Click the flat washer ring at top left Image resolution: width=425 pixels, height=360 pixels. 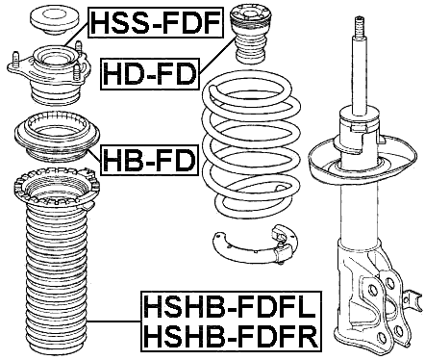(x=46, y=18)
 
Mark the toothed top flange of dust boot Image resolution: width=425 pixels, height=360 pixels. (x=58, y=193)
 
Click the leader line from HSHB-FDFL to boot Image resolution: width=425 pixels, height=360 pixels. (x=120, y=321)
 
